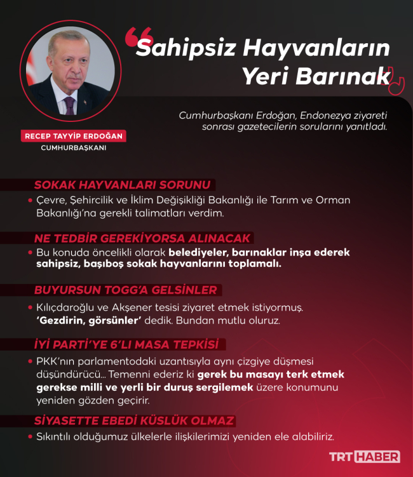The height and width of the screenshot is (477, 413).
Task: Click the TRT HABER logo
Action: [363, 457]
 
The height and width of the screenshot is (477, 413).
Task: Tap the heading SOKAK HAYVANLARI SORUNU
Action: [121, 185]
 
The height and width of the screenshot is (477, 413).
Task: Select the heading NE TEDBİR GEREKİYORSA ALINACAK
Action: [143, 238]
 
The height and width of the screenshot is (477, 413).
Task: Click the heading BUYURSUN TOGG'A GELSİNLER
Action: [125, 290]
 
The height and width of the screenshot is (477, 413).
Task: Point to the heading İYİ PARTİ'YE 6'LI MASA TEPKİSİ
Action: [126, 344]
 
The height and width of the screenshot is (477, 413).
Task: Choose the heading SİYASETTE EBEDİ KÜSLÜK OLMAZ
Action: [134, 420]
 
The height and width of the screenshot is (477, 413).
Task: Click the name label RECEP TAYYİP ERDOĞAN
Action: [74, 136]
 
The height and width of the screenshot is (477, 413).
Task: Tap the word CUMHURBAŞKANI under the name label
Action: [74, 148]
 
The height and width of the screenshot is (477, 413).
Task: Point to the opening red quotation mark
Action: [131, 37]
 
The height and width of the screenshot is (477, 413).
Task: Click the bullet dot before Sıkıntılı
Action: [30, 437]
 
